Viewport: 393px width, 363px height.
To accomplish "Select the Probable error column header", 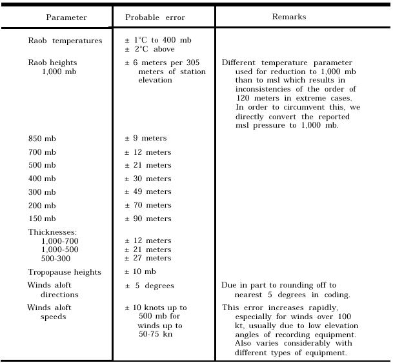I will (x=150, y=17).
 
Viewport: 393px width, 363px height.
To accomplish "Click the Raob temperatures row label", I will (x=65, y=41).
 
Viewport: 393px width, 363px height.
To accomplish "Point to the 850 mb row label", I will (x=42, y=139).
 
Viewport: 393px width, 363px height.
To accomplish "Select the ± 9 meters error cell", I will (x=146, y=139).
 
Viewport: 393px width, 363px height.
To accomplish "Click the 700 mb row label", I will (x=42, y=152).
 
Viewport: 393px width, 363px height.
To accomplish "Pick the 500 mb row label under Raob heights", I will (x=42, y=165).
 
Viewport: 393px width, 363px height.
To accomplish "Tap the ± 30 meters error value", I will (x=148, y=179).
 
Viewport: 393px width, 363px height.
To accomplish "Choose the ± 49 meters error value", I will (x=148, y=192).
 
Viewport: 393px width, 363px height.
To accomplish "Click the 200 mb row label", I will (x=42, y=206).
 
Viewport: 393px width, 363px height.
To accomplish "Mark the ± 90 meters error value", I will (x=148, y=219).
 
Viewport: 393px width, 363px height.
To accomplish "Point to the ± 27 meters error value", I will (x=148, y=258).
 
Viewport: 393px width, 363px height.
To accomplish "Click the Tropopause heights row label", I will (x=65, y=272).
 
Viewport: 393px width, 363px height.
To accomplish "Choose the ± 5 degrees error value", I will (x=150, y=286).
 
